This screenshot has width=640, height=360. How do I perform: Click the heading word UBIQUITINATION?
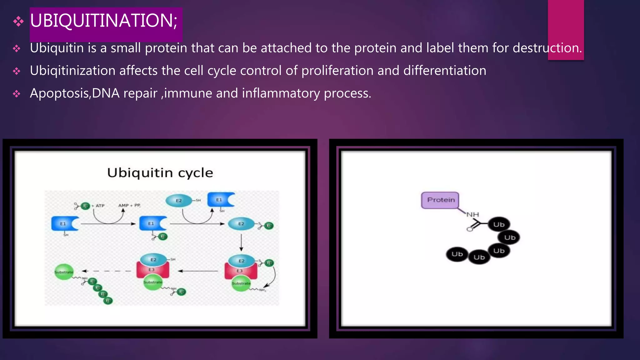point(103,21)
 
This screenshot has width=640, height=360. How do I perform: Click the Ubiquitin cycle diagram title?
point(160,173)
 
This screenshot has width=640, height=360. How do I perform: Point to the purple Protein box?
point(440,200)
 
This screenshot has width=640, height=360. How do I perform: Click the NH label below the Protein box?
point(472,215)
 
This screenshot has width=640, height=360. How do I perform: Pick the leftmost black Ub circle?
point(457,254)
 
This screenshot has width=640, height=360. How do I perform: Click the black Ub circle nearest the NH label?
point(499,224)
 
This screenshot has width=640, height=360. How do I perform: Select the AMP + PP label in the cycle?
point(129,205)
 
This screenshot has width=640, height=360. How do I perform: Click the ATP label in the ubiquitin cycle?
point(100,206)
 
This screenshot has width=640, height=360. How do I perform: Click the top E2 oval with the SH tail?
point(179,201)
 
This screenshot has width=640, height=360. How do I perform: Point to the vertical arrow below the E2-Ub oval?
point(241,242)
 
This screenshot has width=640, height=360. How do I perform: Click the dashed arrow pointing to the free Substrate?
point(106,271)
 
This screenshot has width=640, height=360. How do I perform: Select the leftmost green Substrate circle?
point(64,272)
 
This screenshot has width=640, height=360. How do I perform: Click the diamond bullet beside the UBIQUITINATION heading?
point(18,21)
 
